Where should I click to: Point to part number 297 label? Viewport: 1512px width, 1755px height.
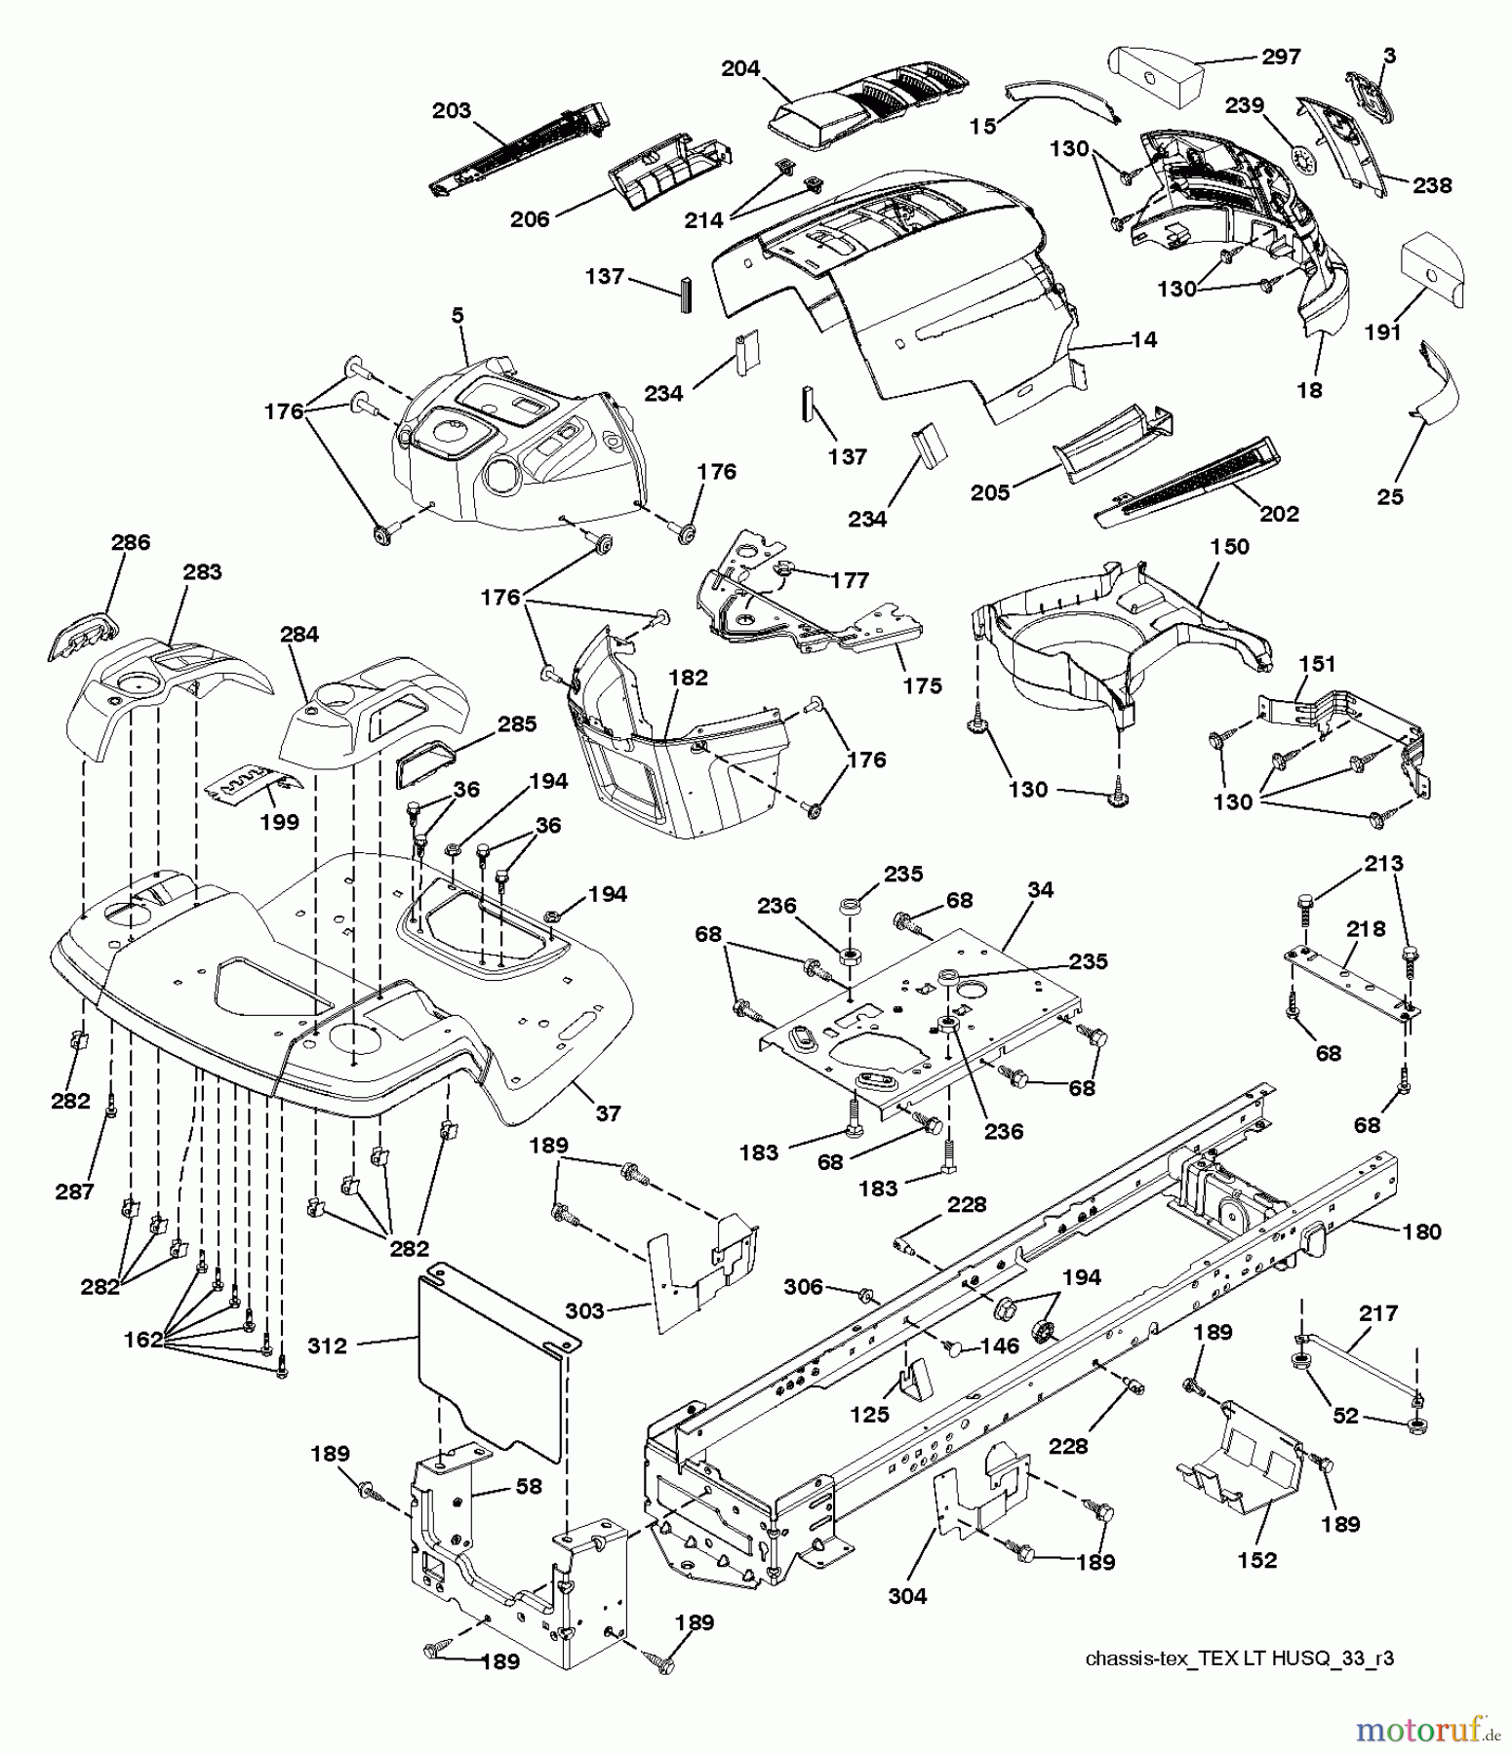(1281, 57)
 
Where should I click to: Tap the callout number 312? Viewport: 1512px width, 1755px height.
(327, 1345)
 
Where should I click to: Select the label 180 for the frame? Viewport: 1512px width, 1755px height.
(1421, 1231)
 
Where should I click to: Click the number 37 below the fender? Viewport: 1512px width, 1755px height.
(608, 1112)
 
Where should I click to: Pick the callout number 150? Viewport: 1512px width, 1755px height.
(1229, 546)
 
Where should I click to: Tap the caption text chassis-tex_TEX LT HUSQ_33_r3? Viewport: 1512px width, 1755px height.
(1239, 1658)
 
